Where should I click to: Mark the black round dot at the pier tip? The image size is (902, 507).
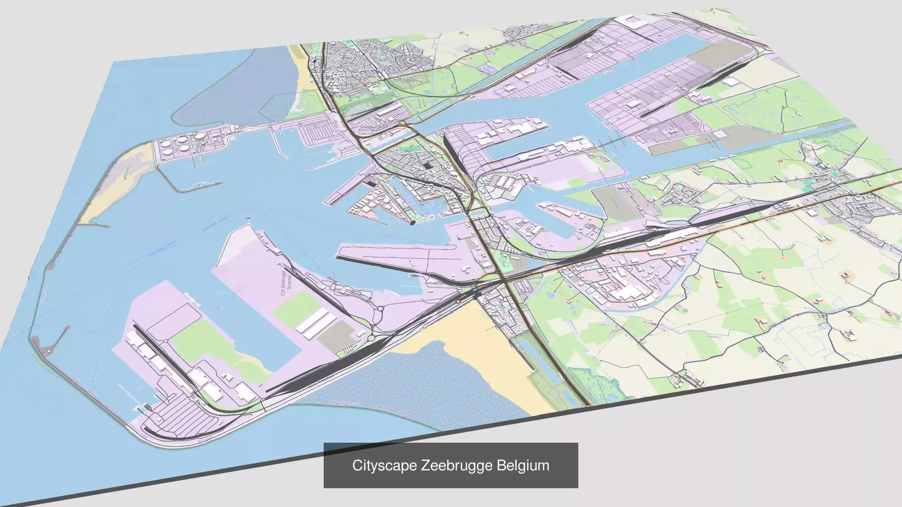412,223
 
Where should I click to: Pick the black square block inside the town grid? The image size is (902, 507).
427,166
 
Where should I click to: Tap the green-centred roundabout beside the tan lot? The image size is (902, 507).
371,338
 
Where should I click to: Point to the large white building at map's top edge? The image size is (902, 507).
630,21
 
